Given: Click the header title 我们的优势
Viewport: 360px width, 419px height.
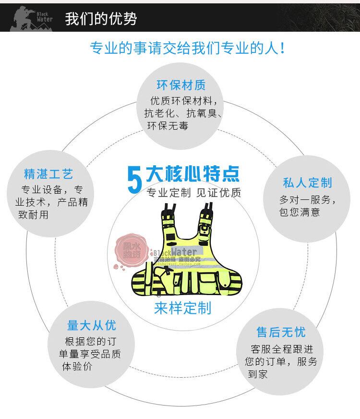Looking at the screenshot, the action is click(x=101, y=19).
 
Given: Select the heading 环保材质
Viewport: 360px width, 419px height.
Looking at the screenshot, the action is click(x=181, y=86).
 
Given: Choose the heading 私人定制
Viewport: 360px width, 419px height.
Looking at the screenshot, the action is click(x=307, y=183).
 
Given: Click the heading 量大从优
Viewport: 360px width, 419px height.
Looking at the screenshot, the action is click(x=91, y=326).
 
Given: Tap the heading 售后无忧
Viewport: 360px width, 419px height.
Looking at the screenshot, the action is click(x=281, y=332).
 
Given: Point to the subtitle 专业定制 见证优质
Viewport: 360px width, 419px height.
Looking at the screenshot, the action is click(x=193, y=193).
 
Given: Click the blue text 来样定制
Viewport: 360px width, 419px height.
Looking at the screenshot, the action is click(x=183, y=308).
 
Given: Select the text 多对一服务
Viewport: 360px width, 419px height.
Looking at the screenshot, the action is click(x=308, y=199).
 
